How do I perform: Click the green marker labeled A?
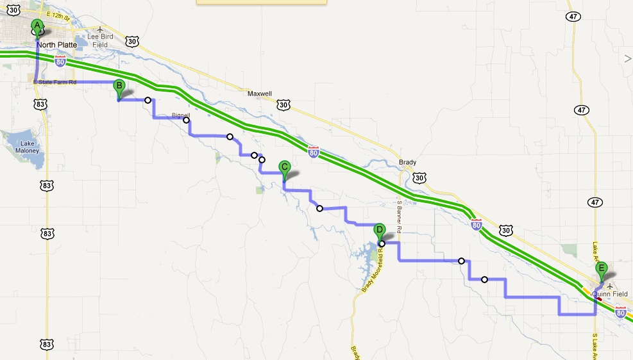point(37,26)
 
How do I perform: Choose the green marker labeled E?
point(601,270)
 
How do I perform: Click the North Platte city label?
point(56,45)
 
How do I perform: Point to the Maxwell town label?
point(260,94)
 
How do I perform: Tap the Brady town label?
point(407,163)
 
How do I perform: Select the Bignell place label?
point(182,115)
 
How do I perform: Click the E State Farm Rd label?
point(55,82)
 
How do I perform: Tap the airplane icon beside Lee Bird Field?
point(99,29)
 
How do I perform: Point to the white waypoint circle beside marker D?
point(382,243)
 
